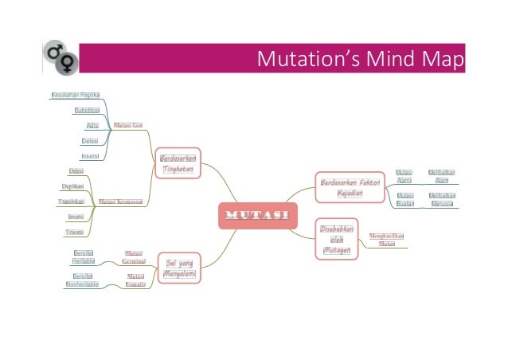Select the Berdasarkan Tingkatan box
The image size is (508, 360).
click(x=178, y=162)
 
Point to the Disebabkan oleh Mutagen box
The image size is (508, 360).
click(x=334, y=239)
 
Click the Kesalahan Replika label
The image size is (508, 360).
click(x=80, y=95)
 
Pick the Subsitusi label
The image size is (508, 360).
click(x=87, y=111)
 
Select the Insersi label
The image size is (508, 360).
click(x=90, y=156)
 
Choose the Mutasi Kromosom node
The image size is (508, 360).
click(x=119, y=202)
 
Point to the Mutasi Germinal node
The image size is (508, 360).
click(x=133, y=256)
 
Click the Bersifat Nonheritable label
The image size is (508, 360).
click(x=82, y=280)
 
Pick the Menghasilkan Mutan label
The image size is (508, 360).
click(x=386, y=241)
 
